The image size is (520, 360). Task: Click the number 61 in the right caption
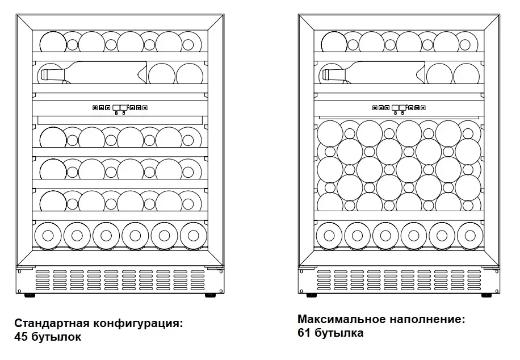click(x=304, y=333)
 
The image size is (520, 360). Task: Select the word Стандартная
click(x=52, y=323)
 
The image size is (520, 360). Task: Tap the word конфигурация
click(x=138, y=324)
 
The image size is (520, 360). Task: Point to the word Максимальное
click(x=342, y=319)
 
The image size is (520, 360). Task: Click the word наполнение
click(x=427, y=319)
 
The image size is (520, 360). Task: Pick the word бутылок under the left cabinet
click(x=56, y=337)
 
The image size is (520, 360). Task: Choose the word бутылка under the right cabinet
click(x=339, y=333)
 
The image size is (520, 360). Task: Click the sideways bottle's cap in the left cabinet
click(x=44, y=76)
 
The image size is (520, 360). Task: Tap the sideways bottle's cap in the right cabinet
click(x=326, y=75)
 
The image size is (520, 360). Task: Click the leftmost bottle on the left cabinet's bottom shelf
click(x=48, y=236)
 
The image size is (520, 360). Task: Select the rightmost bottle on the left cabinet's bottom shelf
click(x=194, y=236)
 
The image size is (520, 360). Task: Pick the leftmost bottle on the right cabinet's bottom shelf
click(x=329, y=236)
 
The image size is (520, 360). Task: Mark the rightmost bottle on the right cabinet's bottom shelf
click(x=470, y=236)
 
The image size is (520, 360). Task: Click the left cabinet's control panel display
click(x=120, y=107)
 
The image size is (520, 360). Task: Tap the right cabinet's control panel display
click(x=399, y=107)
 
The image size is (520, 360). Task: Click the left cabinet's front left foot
click(x=30, y=295)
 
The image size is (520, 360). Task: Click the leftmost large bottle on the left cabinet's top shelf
click(x=53, y=43)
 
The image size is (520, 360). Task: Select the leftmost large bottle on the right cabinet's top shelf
click(x=334, y=43)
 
